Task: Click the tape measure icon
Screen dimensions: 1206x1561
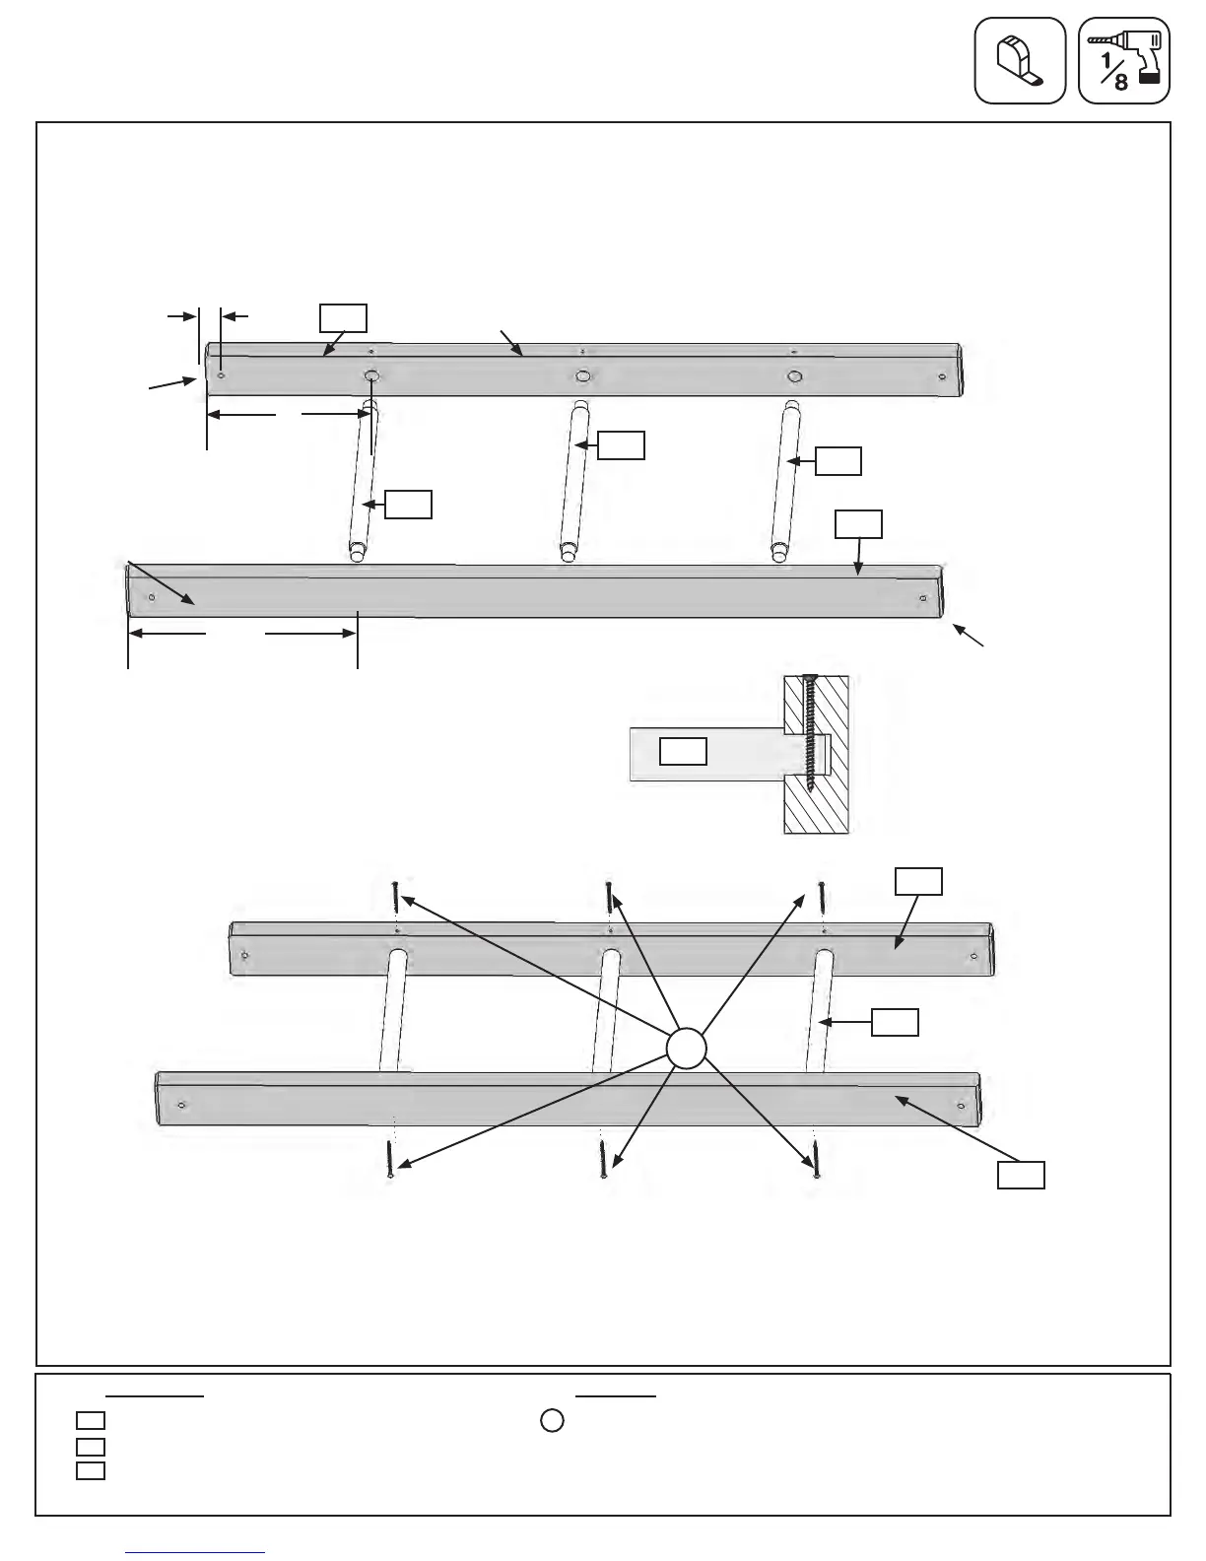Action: tap(1020, 60)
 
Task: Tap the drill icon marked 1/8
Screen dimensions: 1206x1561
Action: tap(1124, 60)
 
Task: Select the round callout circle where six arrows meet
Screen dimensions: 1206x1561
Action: tap(687, 1048)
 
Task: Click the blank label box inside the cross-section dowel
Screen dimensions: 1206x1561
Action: tap(683, 751)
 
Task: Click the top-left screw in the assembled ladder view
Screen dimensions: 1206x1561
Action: tap(394, 897)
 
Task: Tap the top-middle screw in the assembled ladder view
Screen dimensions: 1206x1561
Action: tap(609, 897)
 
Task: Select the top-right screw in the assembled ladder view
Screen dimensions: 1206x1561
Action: tap(821, 897)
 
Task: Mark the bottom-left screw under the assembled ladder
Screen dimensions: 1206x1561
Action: tap(391, 1159)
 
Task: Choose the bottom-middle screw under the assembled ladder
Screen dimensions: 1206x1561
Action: tap(602, 1159)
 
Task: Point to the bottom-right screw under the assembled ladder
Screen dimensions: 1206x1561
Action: tap(815, 1159)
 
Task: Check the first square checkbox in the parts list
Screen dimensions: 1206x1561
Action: tap(91, 1420)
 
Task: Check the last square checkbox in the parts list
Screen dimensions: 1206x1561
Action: tap(91, 1470)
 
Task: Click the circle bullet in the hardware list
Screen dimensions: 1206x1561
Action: tap(552, 1420)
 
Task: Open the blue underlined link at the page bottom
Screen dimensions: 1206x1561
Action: tap(196, 1552)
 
